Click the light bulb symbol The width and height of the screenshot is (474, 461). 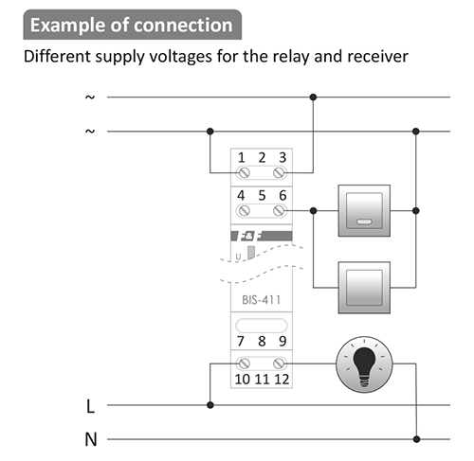[x=364, y=364]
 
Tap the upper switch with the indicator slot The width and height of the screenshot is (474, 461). [x=364, y=210]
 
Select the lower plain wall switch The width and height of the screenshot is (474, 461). [x=364, y=288]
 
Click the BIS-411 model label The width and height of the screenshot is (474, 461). [x=261, y=300]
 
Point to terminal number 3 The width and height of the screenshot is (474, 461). [x=283, y=157]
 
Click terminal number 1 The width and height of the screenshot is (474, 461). [x=242, y=157]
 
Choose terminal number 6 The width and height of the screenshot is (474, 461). [x=283, y=195]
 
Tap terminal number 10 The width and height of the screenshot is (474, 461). [x=243, y=379]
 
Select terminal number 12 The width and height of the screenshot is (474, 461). [x=282, y=379]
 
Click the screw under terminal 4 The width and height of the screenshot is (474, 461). [x=244, y=210]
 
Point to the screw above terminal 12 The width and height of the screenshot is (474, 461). [x=279, y=363]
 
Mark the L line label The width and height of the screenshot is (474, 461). [x=90, y=406]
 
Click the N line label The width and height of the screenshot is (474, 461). [x=91, y=439]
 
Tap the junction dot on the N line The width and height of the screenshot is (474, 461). [x=416, y=439]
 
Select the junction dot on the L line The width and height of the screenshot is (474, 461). [x=210, y=405]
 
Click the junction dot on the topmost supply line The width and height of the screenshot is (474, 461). [x=313, y=98]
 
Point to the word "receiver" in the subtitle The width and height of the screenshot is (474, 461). [x=377, y=57]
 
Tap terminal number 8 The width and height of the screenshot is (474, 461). [x=262, y=341]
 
